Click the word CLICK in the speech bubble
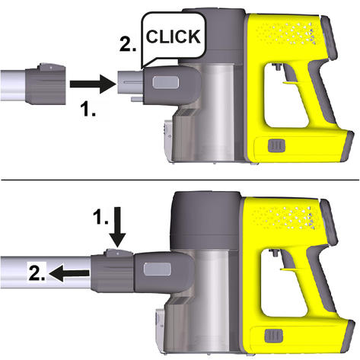pos(174,37)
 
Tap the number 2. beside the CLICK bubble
pos(128,45)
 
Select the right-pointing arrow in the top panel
pos(93,84)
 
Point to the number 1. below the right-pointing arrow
pos(88,108)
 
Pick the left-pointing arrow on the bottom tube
pos(68,273)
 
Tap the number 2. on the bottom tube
pos(37,272)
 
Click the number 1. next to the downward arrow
pos(100,217)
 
